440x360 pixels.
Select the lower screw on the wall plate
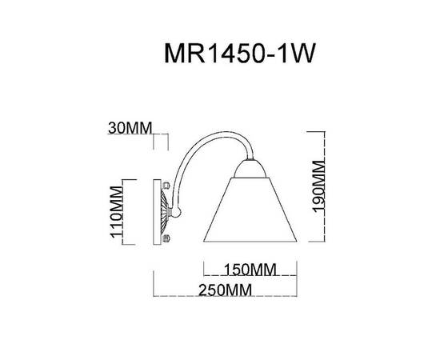(x=166, y=238)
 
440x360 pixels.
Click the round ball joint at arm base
(x=178, y=212)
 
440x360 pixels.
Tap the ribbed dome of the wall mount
(x=166, y=212)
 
